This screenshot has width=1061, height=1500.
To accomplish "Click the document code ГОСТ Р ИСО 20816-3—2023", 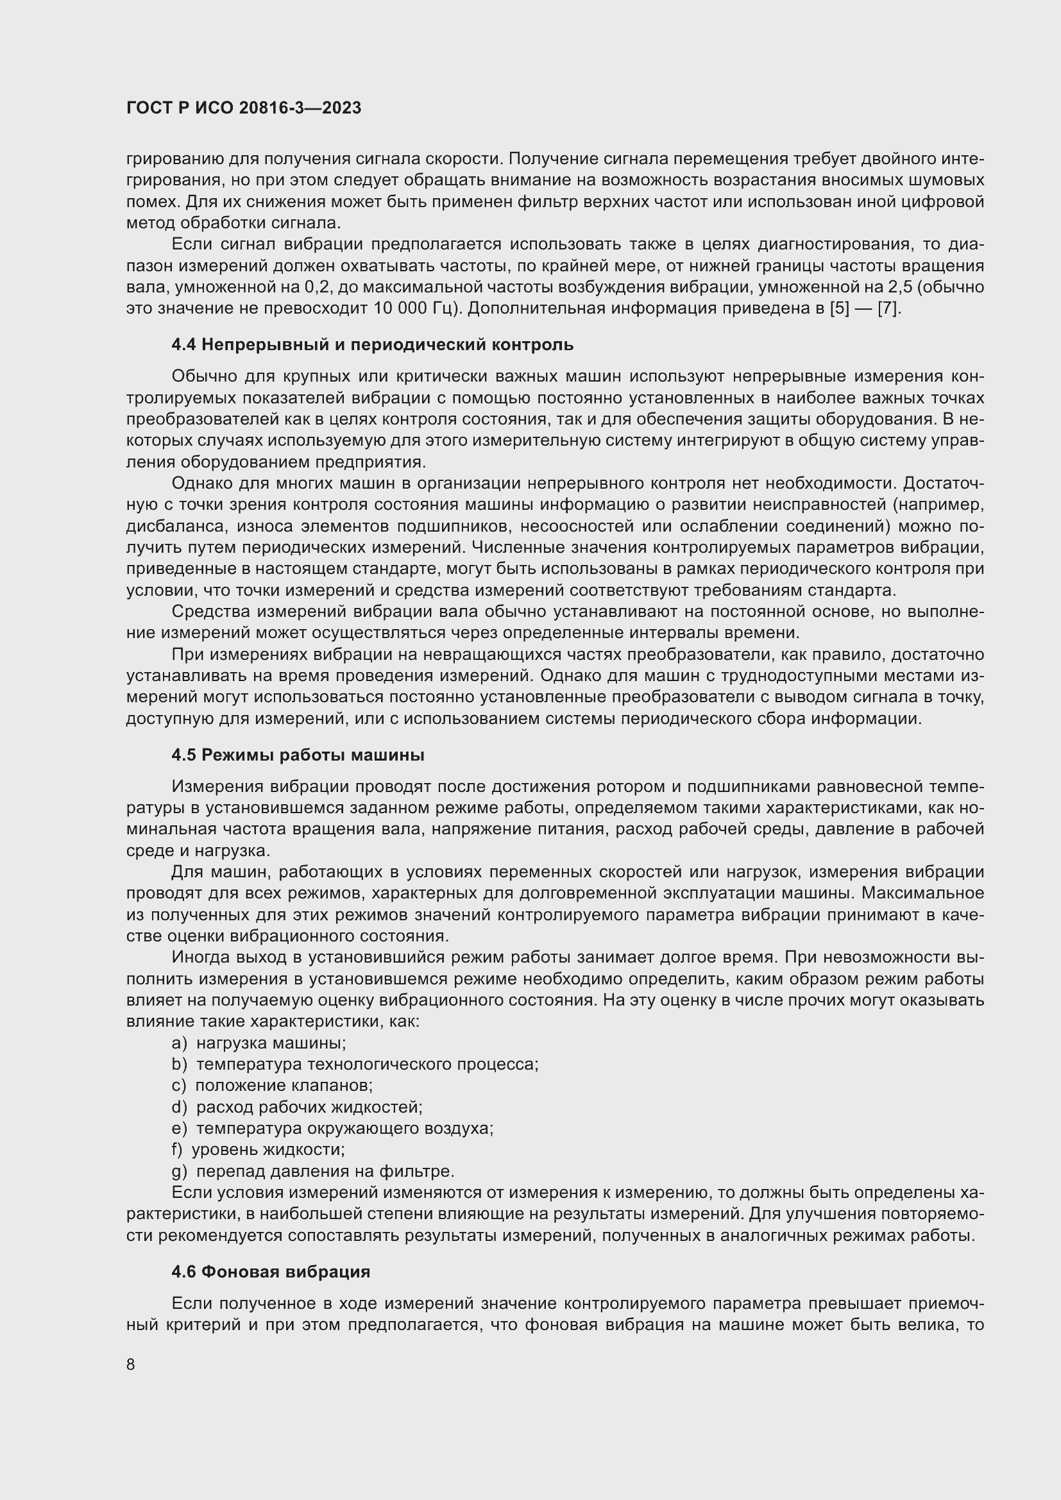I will (x=244, y=108).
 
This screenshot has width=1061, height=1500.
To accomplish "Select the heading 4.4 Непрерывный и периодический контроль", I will (x=373, y=344).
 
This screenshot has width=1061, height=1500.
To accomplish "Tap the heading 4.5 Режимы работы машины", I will (x=298, y=755).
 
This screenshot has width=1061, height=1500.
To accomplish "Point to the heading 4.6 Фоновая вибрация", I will (x=271, y=1271).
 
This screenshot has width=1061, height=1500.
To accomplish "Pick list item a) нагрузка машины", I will (x=259, y=1043).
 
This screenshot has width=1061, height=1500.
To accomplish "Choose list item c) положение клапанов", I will (x=272, y=1085).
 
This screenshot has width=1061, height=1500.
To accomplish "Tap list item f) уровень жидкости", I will (x=258, y=1149).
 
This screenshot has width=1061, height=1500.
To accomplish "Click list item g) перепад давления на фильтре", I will (x=313, y=1171).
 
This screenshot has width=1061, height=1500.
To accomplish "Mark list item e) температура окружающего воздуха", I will (x=332, y=1128).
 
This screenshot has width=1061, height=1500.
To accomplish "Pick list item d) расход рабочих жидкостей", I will (x=297, y=1107).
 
